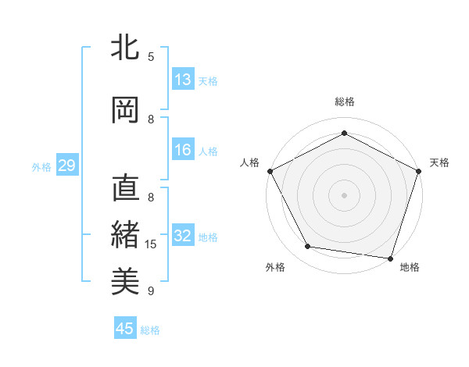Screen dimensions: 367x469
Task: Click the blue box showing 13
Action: [183, 80]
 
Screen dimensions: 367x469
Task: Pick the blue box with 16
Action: [183, 151]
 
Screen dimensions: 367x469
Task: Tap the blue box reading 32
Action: [183, 237]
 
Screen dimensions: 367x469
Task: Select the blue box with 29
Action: [66, 166]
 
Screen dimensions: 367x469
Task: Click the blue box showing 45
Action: [125, 329]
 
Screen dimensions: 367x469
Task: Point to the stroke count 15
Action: [151, 244]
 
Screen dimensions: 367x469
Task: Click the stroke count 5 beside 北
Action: [151, 57]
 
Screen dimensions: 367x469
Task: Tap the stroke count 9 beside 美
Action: [151, 291]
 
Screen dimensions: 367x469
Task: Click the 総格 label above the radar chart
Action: [344, 102]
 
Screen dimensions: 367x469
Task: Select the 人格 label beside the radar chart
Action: [250, 162]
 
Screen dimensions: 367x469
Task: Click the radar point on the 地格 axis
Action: [390, 258]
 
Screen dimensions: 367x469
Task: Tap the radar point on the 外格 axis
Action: [308, 247]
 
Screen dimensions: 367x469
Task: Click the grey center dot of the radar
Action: [344, 194]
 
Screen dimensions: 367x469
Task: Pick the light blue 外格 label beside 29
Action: [41, 166]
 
